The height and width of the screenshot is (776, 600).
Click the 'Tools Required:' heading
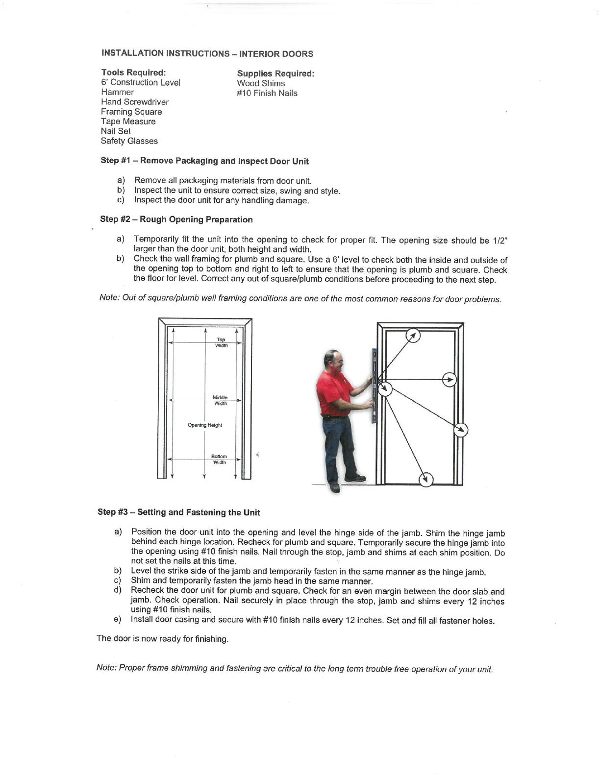pos(133,73)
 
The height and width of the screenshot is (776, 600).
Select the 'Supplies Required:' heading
pos(275,73)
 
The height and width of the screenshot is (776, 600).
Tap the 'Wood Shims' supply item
pos(261,83)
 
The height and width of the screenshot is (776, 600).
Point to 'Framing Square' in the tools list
pos(131,112)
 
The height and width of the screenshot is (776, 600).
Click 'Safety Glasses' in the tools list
pos(129,141)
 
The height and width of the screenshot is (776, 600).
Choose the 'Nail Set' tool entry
pos(116,131)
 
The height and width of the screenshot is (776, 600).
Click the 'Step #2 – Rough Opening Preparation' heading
pos(176,219)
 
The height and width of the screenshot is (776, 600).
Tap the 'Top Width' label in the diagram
pos(221,342)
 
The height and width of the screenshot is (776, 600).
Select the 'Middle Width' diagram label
pos(220,400)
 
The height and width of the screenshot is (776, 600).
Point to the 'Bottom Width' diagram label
pos(219,459)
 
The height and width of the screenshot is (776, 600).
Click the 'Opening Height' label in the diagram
pos(205,425)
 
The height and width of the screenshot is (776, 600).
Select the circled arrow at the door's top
pos(413,336)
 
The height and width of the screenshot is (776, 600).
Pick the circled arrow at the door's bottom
pos(426,479)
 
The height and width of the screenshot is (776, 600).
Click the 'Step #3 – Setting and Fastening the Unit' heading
pos(179,512)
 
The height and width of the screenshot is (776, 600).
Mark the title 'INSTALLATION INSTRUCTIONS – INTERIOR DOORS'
pos(207,53)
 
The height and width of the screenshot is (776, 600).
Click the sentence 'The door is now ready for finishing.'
pos(162,639)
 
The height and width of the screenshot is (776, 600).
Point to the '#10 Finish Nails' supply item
pos(267,93)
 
